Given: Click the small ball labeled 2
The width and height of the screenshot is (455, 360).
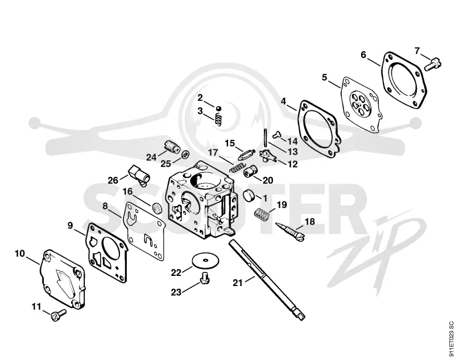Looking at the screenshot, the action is click(218, 108).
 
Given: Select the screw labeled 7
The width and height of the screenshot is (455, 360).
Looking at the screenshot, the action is click(433, 64).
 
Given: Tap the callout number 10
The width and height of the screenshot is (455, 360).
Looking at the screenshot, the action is click(20, 253).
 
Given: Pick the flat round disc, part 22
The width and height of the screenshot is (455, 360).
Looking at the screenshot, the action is click(205, 260).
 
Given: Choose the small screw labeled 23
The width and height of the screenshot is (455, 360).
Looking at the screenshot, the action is click(205, 278).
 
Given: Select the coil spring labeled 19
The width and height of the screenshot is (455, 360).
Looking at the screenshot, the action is click(262, 214).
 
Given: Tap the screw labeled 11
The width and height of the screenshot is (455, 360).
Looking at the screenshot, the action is click(59, 315).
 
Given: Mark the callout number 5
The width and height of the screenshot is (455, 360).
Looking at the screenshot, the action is click(324, 77).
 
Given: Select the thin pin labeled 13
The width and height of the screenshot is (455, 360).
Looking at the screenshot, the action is click(266, 138).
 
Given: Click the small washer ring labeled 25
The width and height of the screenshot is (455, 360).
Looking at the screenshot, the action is click(184, 154).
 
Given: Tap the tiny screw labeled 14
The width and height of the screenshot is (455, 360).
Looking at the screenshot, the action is click(277, 134).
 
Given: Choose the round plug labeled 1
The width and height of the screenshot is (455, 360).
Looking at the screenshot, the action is click(249, 195).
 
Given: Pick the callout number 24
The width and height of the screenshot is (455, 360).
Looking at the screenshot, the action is click(151, 157).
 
